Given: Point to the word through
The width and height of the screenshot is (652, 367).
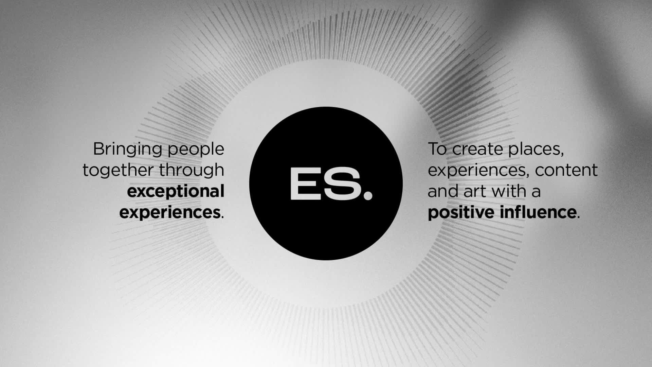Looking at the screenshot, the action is [x=192, y=170].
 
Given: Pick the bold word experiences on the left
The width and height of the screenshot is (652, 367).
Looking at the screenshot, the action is [x=170, y=213].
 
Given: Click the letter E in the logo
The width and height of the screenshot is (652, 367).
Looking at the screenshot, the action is [x=303, y=184].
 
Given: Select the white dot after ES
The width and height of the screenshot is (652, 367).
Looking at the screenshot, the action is [x=368, y=195].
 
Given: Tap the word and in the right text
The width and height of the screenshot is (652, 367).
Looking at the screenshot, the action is [x=443, y=191].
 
